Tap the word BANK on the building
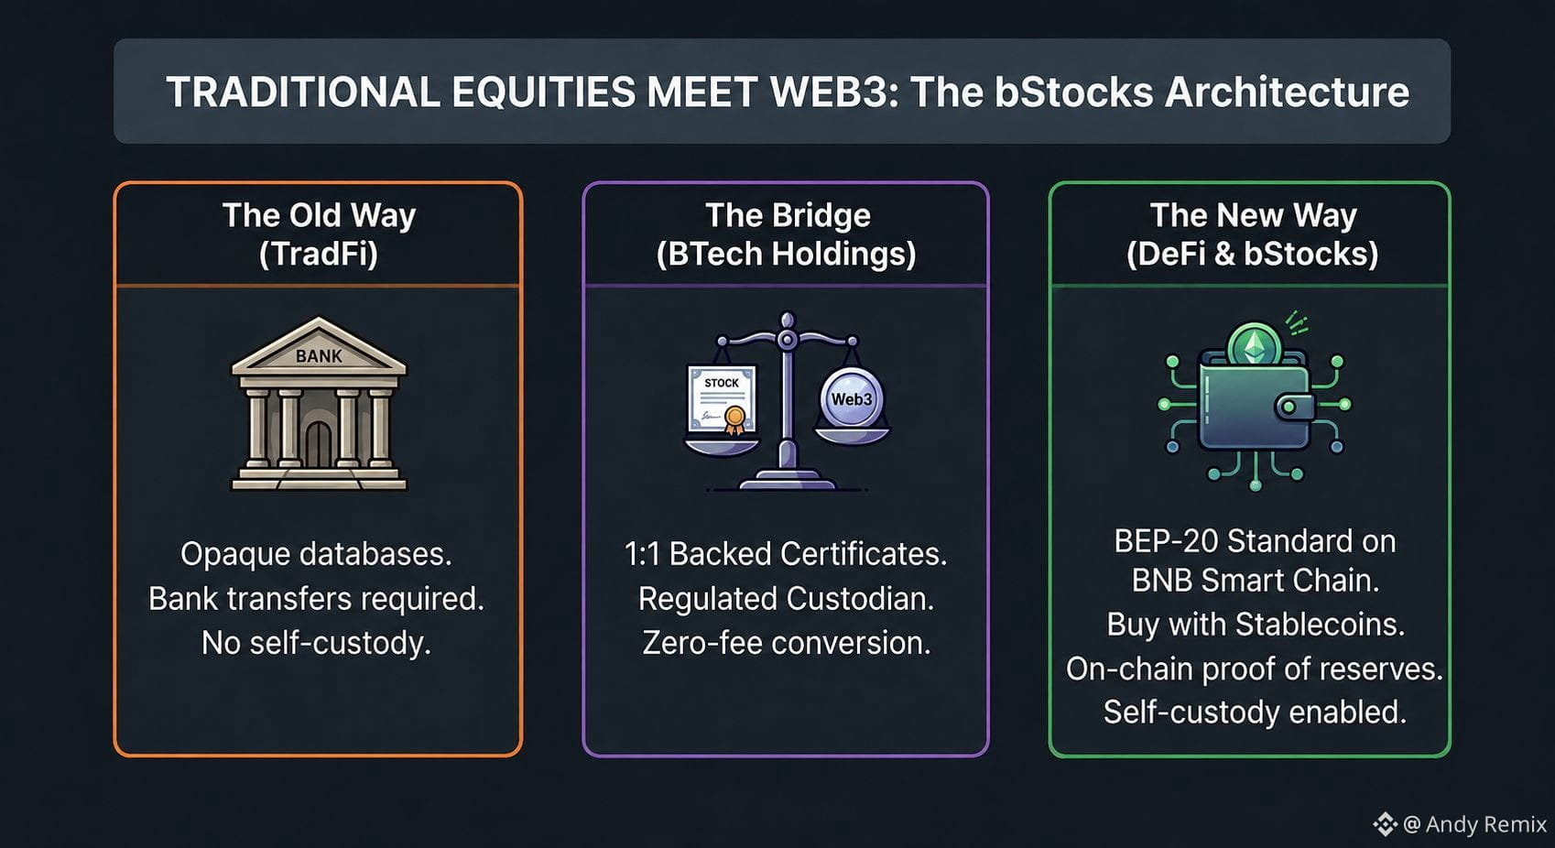click(x=319, y=356)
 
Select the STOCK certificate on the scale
click(x=722, y=399)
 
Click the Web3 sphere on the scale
click(x=852, y=399)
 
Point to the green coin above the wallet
click(x=1254, y=345)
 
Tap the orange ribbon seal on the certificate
click(x=734, y=419)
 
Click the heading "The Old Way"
click(x=319, y=216)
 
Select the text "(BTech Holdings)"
click(x=786, y=254)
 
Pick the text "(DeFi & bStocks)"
click(x=1252, y=254)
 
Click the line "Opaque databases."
click(x=317, y=554)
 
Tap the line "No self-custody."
click(x=317, y=643)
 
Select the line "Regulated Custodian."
click(x=786, y=598)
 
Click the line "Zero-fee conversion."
click(x=786, y=643)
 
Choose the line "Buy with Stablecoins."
click(x=1256, y=625)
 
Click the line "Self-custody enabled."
click(x=1256, y=712)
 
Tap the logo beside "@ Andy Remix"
click(x=1385, y=824)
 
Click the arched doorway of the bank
click(x=319, y=445)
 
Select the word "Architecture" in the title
click(x=1287, y=92)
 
